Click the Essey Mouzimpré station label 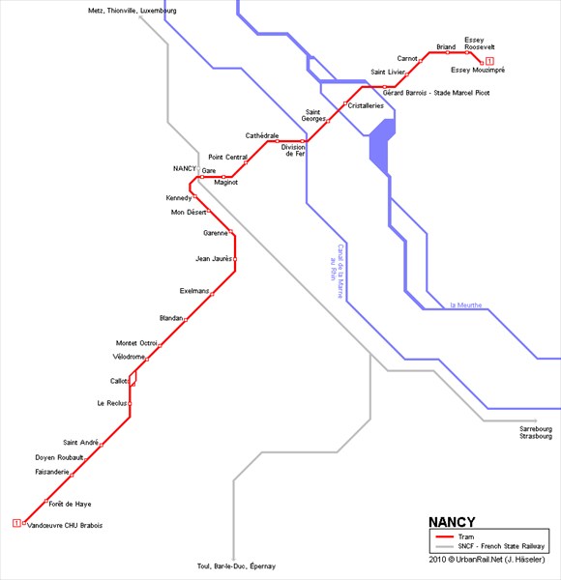click(478, 70)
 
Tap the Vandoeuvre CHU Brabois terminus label click(65, 525)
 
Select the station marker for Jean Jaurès click(235, 259)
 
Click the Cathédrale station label click(262, 135)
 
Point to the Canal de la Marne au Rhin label click(338, 271)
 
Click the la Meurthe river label click(466, 305)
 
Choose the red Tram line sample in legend click(444, 536)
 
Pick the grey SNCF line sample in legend click(444, 546)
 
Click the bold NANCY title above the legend click(452, 522)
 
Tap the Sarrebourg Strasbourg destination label click(536, 432)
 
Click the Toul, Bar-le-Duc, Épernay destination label click(236, 566)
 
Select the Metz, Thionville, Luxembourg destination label click(133, 11)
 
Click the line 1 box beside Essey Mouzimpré click(490, 61)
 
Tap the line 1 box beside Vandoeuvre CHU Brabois click(16, 523)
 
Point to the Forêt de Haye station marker click(46, 501)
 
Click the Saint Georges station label click(313, 115)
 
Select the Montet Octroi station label click(136, 343)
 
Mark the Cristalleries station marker click(345, 103)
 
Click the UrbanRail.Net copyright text click(487, 560)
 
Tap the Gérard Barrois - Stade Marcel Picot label click(436, 93)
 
